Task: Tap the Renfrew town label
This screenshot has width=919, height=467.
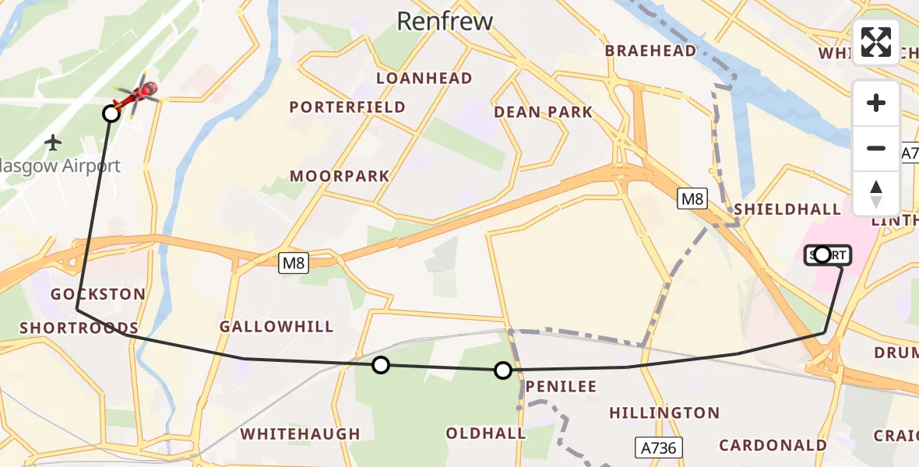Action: tap(445, 21)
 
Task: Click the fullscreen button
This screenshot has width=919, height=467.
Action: tap(876, 42)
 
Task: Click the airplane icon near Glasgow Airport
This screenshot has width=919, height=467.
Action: tap(53, 142)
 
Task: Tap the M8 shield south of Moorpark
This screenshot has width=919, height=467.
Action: tap(294, 263)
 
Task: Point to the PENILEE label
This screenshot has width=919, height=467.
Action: tap(561, 386)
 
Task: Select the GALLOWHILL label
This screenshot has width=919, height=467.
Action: tap(276, 327)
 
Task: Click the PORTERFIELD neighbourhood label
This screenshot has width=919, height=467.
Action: tap(347, 107)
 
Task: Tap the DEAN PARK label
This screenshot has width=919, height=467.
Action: tap(543, 112)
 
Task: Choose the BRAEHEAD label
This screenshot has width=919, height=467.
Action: tap(651, 51)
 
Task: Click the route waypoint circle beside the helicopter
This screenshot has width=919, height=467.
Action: tap(111, 114)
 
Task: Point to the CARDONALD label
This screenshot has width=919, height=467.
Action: tap(773, 445)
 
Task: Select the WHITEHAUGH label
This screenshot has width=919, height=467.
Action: tap(300, 434)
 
